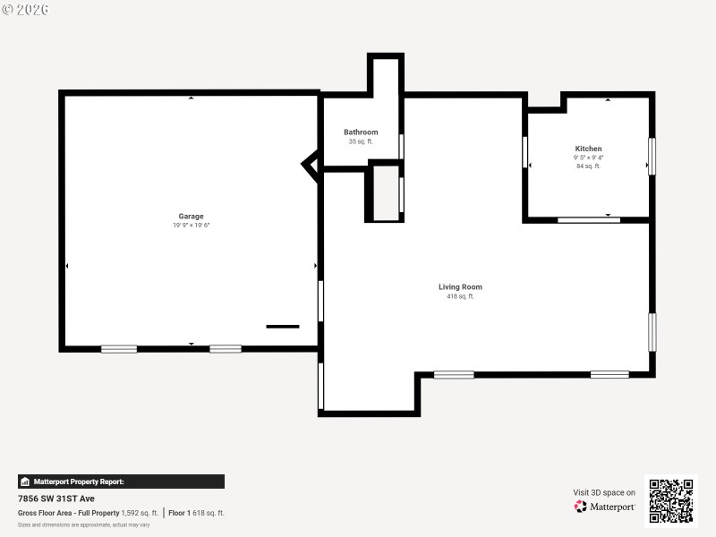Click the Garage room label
pos(191,216)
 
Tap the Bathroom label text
pos(361,132)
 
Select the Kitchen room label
pos(588,149)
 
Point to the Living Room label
pos(460,287)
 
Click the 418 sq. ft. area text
pos(460,296)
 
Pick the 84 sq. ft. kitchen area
pos(588,166)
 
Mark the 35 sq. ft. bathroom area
pos(361,141)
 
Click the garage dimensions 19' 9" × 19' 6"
pos(191,226)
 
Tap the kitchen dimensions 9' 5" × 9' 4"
pos(588,158)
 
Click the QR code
pos(671,500)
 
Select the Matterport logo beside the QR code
pos(605,507)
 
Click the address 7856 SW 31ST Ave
pos(56,499)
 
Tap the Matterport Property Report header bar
pos(121,482)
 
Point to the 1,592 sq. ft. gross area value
pos(140,513)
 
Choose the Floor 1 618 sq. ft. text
pos(197,513)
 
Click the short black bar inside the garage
pos(283,327)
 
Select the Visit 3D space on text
pos(604,492)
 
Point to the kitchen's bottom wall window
pos(588,220)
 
